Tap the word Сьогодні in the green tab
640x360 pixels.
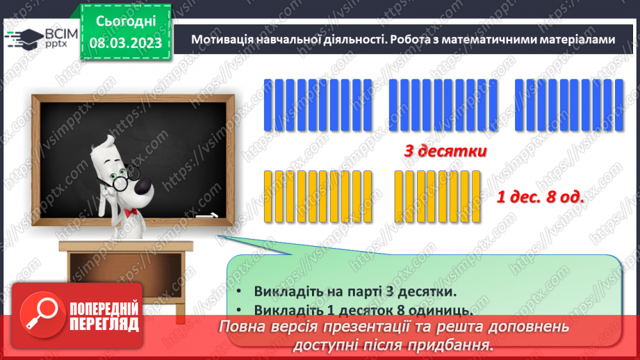coord(126,22)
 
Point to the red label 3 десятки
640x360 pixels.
coord(445,151)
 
